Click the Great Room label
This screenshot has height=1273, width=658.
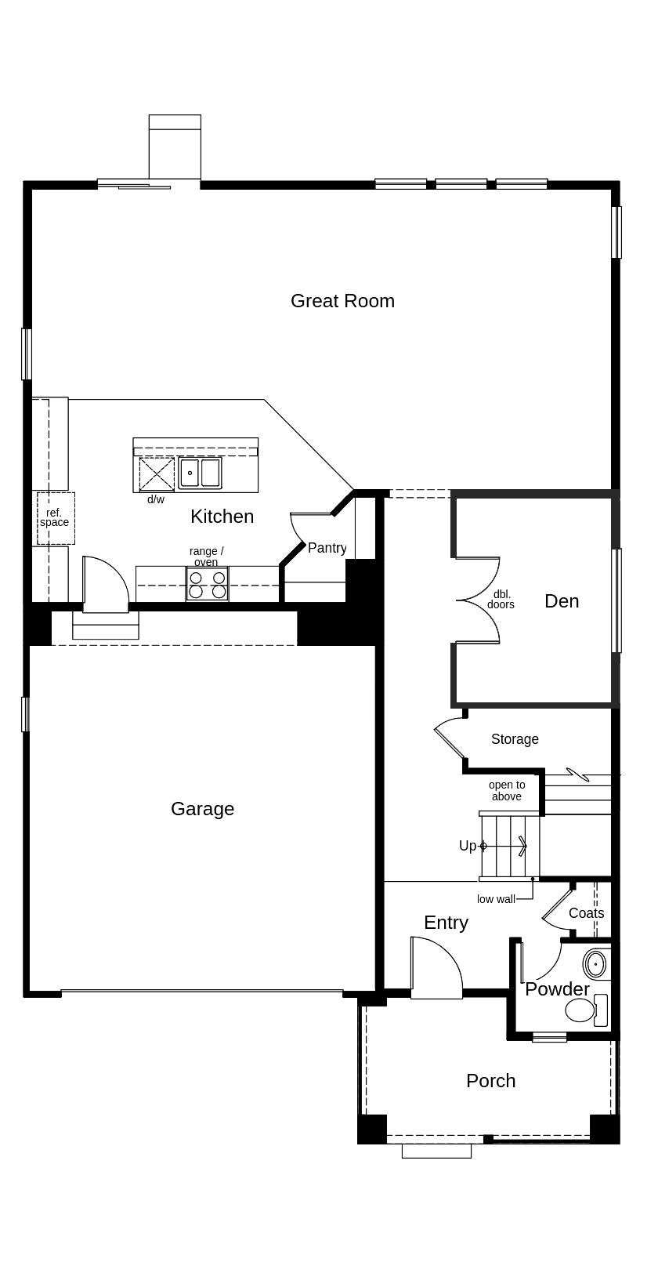click(342, 301)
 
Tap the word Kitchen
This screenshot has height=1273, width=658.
click(222, 516)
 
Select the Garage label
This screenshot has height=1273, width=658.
click(203, 809)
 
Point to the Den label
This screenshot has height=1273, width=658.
click(562, 600)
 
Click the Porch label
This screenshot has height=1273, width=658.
click(491, 1080)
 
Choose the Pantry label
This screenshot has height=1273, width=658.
click(327, 548)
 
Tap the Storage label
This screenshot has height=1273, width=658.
click(515, 738)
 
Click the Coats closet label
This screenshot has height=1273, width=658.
click(587, 912)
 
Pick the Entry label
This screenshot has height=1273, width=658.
click(446, 923)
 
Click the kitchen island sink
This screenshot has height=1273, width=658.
click(200, 473)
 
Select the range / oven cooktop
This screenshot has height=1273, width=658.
click(208, 584)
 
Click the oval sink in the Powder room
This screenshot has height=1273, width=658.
click(595, 964)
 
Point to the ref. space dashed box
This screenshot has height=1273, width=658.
click(56, 518)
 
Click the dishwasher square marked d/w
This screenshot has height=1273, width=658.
click(157, 474)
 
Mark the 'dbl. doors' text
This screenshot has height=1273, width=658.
click(501, 600)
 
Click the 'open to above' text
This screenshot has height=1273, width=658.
click(507, 790)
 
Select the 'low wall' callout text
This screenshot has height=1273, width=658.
click(496, 899)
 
